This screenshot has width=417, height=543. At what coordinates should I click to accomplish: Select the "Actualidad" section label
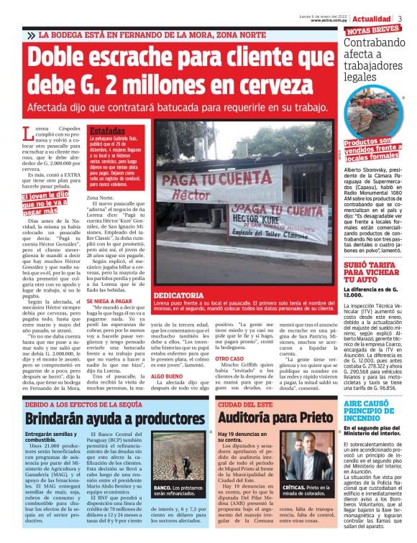click(x=372, y=18)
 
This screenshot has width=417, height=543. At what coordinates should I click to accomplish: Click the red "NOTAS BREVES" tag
click(x=372, y=31)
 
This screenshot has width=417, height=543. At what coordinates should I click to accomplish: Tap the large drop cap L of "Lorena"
click(x=29, y=134)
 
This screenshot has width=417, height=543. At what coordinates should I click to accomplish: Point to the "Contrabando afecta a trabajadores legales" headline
click(x=373, y=60)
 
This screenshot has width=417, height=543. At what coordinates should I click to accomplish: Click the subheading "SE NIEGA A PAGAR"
click(x=110, y=301)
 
